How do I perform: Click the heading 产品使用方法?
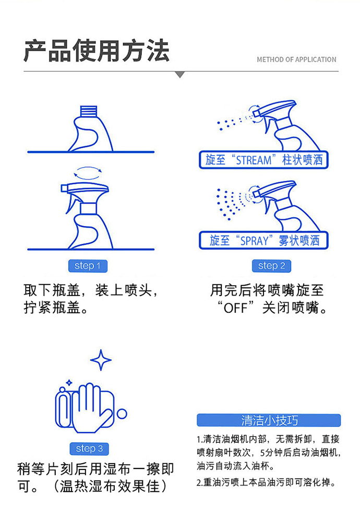tap(97, 51)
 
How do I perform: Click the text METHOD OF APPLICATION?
tap(296, 60)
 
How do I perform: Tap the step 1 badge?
tap(88, 266)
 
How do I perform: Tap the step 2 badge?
tap(271, 266)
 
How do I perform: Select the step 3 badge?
tap(89, 449)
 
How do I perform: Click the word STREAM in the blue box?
tap(254, 160)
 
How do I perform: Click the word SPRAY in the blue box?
tap(254, 241)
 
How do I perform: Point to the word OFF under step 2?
tap(236, 308)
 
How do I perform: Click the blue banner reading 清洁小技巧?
tap(269, 420)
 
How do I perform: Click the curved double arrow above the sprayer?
tap(88, 173)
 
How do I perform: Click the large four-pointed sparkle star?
tap(101, 360)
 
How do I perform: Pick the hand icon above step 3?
tap(90, 408)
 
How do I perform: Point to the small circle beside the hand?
tap(122, 414)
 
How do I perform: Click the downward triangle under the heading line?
tap(180, 75)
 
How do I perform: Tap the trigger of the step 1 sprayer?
tap(71, 203)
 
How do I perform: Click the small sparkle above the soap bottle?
tap(69, 383)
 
